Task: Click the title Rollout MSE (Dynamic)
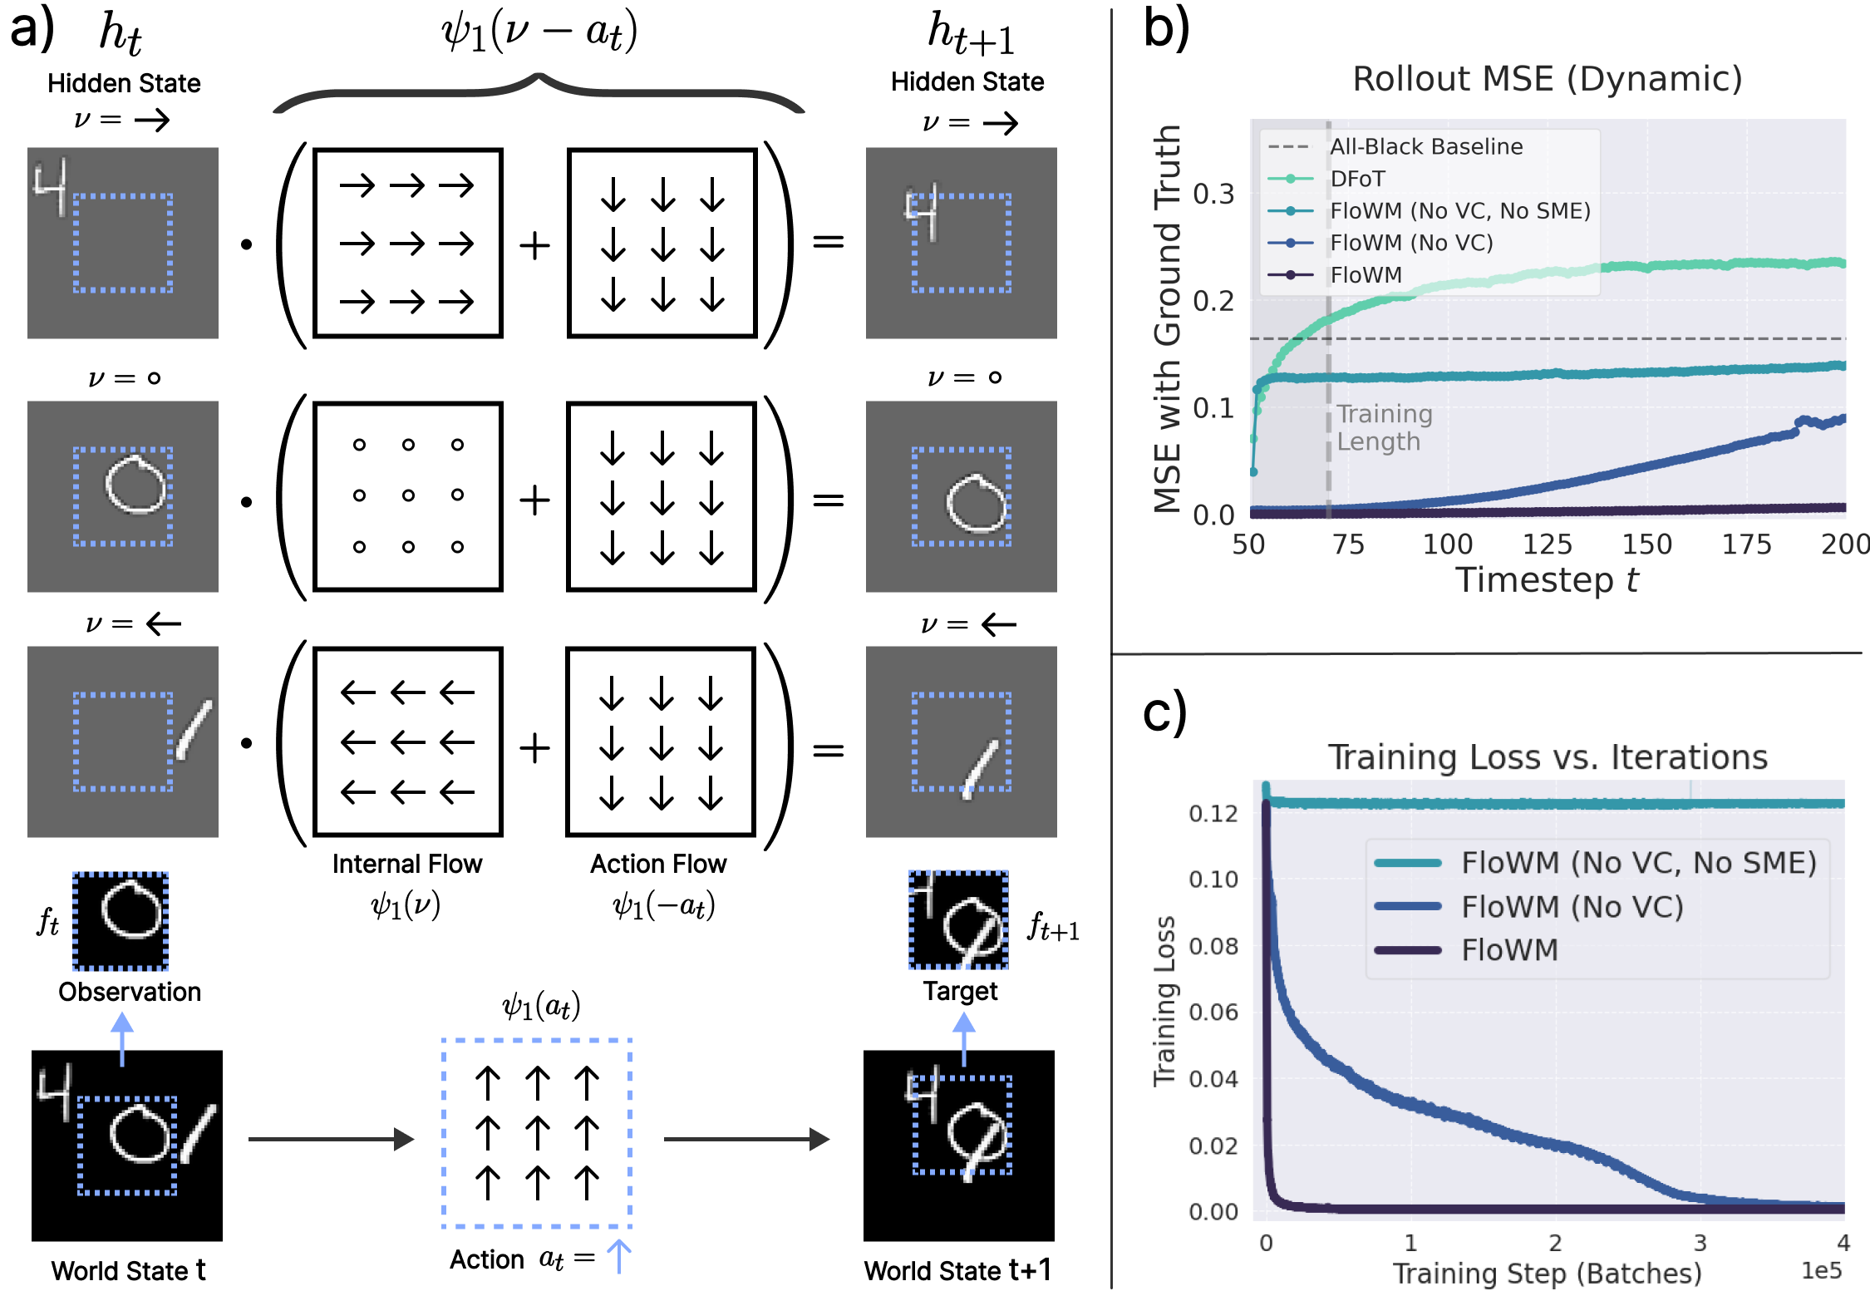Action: coord(1547,79)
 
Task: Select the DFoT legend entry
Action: coord(1357,179)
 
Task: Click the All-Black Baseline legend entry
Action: coord(1426,147)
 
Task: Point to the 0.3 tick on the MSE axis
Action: coord(1213,195)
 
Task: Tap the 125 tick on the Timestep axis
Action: coord(1547,544)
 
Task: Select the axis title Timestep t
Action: coord(1547,580)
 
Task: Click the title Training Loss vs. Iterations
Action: coord(1547,757)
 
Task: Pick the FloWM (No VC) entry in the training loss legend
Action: coord(1572,907)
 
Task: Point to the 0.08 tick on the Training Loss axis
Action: coord(1213,946)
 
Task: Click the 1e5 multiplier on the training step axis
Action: coord(1821,1271)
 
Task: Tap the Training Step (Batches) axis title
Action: coord(1547,1274)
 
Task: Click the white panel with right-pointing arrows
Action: coord(407,243)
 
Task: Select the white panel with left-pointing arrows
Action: coord(407,742)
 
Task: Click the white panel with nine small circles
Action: coord(407,496)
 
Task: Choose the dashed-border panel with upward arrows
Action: coord(537,1133)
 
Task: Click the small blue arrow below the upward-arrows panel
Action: coord(619,1256)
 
